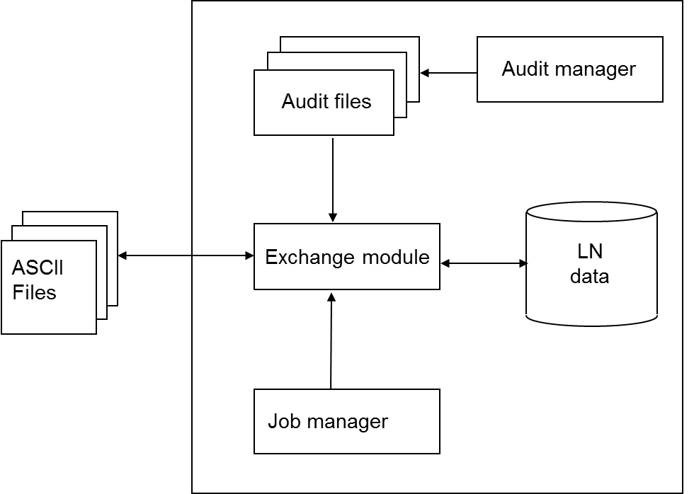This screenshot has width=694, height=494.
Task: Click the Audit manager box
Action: (x=569, y=69)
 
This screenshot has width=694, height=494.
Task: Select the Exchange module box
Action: (x=346, y=256)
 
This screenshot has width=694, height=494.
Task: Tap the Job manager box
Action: (x=346, y=421)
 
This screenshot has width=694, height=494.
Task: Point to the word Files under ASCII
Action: (x=34, y=292)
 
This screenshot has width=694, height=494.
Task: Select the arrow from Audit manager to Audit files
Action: (x=448, y=72)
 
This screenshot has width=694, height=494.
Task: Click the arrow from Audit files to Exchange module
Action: (x=333, y=180)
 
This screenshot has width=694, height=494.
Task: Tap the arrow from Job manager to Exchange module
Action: (x=331, y=340)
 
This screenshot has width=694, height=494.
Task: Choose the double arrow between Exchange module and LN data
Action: (x=484, y=264)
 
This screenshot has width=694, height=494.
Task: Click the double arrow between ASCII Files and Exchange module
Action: (x=186, y=255)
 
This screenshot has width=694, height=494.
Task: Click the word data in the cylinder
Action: (x=589, y=276)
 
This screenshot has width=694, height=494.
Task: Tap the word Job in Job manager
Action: (x=279, y=422)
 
